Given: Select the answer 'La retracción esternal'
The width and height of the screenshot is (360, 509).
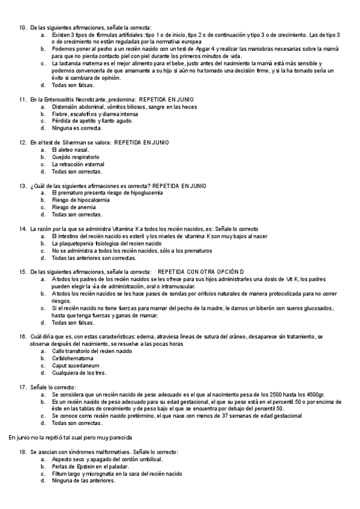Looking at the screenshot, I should pyautogui.click(x=77, y=164).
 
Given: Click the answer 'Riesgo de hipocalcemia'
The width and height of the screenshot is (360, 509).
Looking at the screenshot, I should pyautogui.click(x=80, y=200).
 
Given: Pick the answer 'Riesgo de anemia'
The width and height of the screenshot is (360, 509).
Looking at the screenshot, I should pyautogui.click(x=74, y=208).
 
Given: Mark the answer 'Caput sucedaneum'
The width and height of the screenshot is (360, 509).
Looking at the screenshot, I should pyautogui.click(x=75, y=366).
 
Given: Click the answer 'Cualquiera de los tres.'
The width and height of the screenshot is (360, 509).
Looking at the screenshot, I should pyautogui.click(x=79, y=373).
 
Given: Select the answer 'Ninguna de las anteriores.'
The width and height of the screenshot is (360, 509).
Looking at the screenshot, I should pyautogui.click(x=83, y=480).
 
